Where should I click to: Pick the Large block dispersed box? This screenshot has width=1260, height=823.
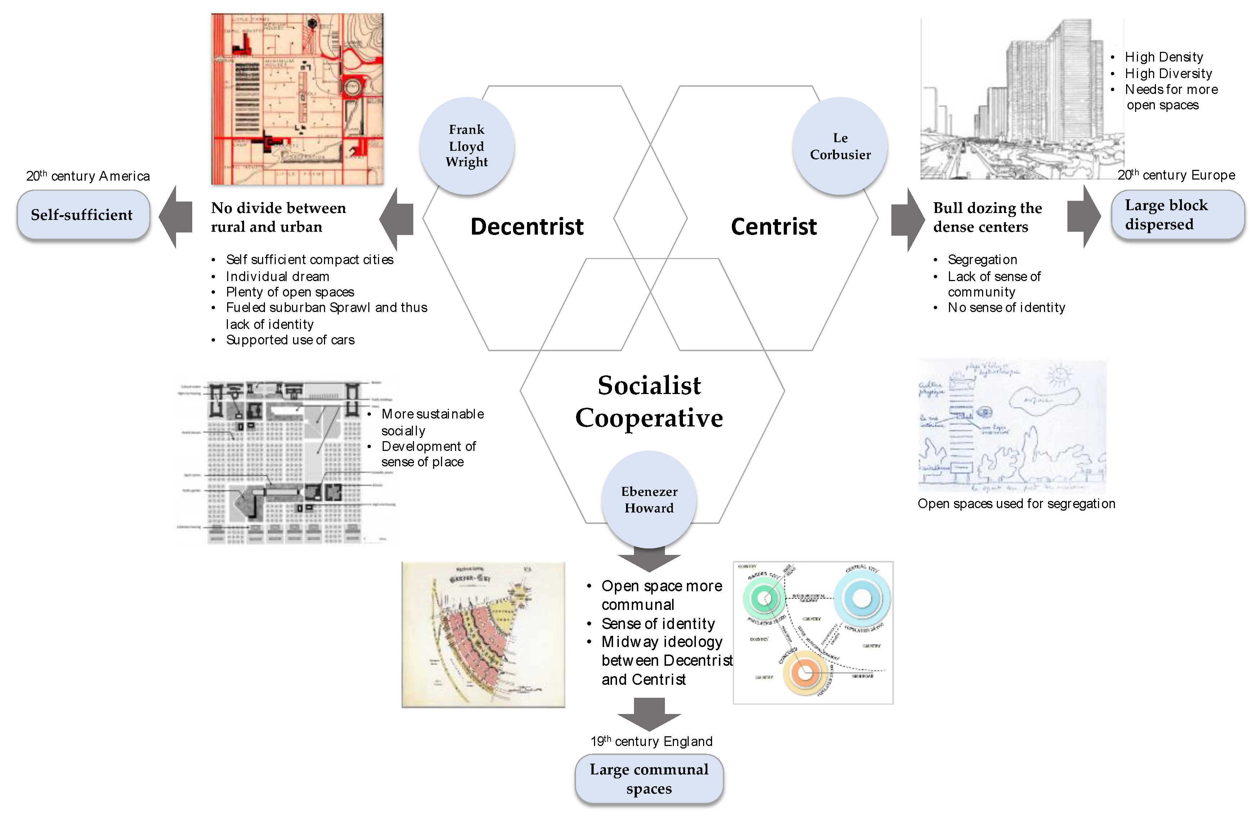click(1177, 215)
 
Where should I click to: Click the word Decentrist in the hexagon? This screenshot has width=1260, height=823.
click(527, 226)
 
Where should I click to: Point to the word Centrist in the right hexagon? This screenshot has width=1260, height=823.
click(774, 226)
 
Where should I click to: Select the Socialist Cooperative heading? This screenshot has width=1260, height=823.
click(649, 401)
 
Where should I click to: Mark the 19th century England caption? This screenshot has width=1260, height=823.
click(651, 741)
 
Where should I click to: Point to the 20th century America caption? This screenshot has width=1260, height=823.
click(88, 176)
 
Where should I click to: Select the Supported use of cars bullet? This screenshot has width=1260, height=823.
click(290, 340)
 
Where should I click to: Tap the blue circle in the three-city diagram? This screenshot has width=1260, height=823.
click(861, 598)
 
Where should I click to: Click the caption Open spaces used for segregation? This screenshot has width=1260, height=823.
click(1016, 503)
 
